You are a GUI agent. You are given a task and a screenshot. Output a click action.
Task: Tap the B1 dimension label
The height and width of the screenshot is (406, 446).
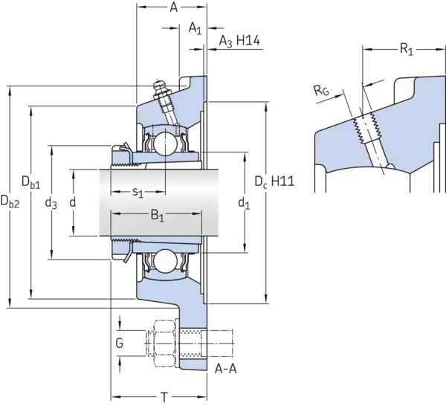(156, 217)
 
